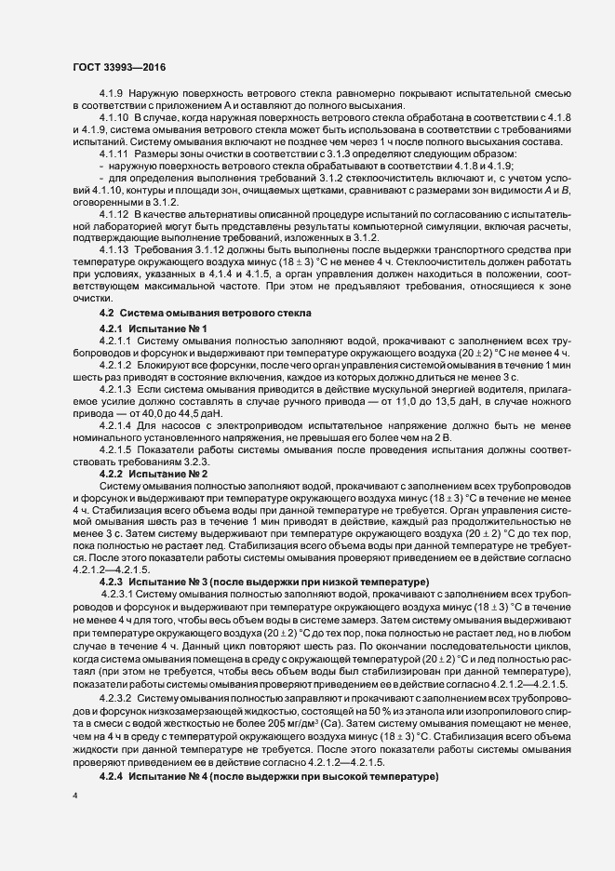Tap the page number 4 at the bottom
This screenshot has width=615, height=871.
[75, 796]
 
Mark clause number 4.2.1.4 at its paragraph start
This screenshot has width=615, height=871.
[116, 424]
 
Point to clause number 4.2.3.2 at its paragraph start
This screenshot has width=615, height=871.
[116, 670]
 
